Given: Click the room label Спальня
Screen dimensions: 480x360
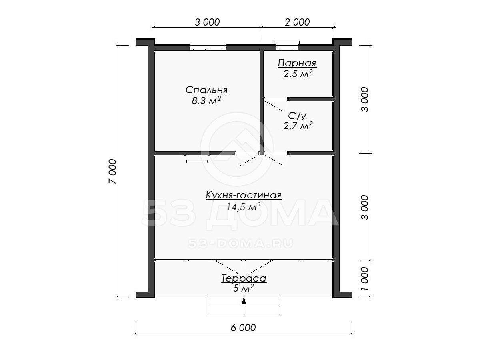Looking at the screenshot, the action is click(207, 90).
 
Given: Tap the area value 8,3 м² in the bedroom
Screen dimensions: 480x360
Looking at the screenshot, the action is click(206, 100).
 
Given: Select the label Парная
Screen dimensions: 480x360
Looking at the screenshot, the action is click(297, 63).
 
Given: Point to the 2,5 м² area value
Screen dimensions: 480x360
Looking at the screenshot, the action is click(298, 74).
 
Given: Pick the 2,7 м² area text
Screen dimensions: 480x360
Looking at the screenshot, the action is click(298, 126).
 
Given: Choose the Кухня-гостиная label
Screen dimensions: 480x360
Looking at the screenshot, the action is click(244, 195).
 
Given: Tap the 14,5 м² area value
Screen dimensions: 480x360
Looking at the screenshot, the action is click(243, 206).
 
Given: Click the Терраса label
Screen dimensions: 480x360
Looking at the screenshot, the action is click(244, 278).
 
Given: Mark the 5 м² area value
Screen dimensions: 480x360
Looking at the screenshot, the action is click(243, 288).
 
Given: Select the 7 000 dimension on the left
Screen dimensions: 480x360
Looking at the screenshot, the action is click(113, 171).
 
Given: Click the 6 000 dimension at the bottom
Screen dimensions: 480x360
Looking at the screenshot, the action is click(243, 328).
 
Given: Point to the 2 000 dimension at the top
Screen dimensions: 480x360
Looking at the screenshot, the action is click(297, 22).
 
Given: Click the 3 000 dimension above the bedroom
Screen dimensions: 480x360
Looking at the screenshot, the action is click(207, 22).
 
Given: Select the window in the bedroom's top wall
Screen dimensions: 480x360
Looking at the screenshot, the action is click(208, 48).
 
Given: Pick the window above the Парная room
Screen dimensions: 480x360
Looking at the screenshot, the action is click(287, 46).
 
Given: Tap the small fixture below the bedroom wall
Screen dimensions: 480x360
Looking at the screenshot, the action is click(197, 159).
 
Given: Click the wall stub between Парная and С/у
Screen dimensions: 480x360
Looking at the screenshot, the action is click(310, 99).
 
